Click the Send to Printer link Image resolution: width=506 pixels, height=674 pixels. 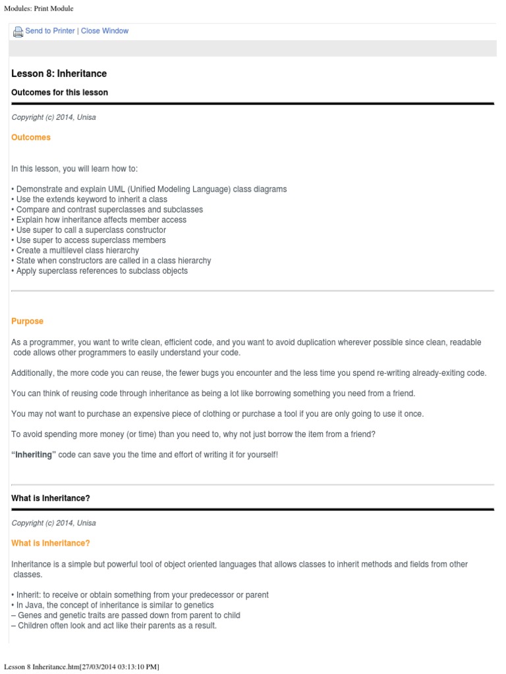[49, 31]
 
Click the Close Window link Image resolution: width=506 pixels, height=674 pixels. [105, 31]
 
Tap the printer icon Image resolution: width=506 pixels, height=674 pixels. [18, 32]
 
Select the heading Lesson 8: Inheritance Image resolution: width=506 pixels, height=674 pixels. [59, 73]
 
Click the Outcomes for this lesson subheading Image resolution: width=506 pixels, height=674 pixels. [59, 92]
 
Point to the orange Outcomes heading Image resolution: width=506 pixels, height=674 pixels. [31, 138]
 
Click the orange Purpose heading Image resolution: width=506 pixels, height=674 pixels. [27, 321]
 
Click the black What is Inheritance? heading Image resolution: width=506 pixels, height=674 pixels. [51, 498]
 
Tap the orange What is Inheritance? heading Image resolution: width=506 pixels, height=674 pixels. [51, 543]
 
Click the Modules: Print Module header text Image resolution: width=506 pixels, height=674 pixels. [38, 8]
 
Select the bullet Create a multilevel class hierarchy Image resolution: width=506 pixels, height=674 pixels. [76, 250]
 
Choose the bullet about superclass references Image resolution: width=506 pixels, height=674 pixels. [101, 271]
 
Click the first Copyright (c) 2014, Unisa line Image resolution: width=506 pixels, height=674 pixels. [53, 117]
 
